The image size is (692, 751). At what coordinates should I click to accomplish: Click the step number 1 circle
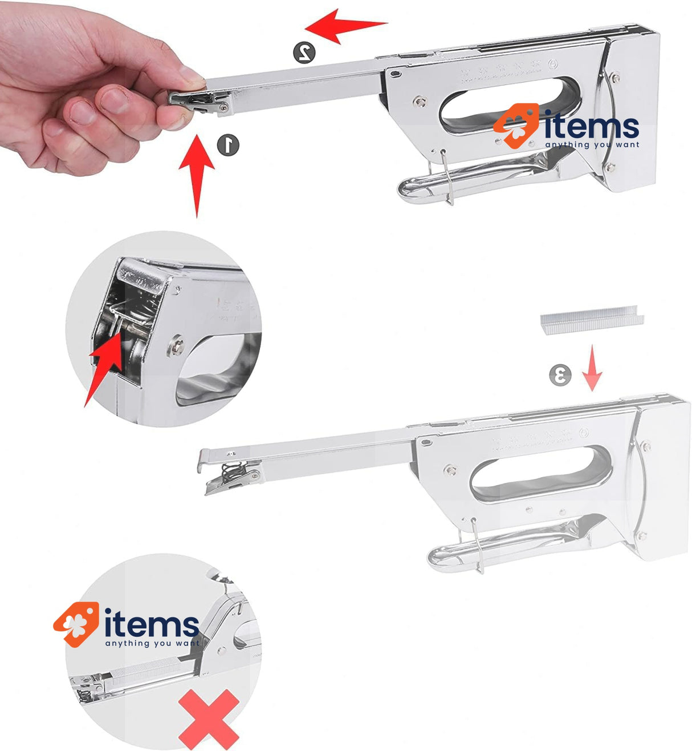coord(228,144)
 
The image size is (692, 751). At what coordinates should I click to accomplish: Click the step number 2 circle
coord(305,52)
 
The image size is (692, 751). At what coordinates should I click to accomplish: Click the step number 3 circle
coord(560,375)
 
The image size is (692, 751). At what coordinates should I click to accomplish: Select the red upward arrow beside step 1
coord(197,174)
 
